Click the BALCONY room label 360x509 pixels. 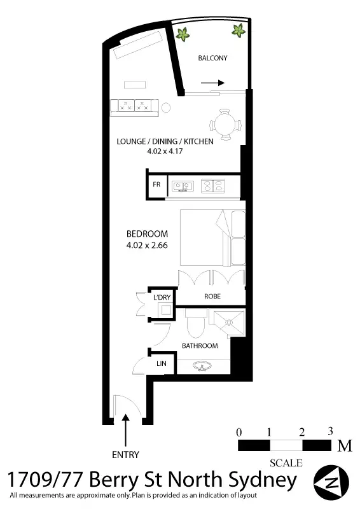212,58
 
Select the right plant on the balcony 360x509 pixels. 239,29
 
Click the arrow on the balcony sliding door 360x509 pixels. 212,83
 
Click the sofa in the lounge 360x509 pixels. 134,107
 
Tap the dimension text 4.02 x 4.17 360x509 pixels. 164,151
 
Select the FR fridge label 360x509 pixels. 156,185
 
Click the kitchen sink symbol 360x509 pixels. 183,186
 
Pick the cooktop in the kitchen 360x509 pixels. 212,186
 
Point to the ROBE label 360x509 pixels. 212,296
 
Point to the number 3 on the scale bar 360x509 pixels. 330,431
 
